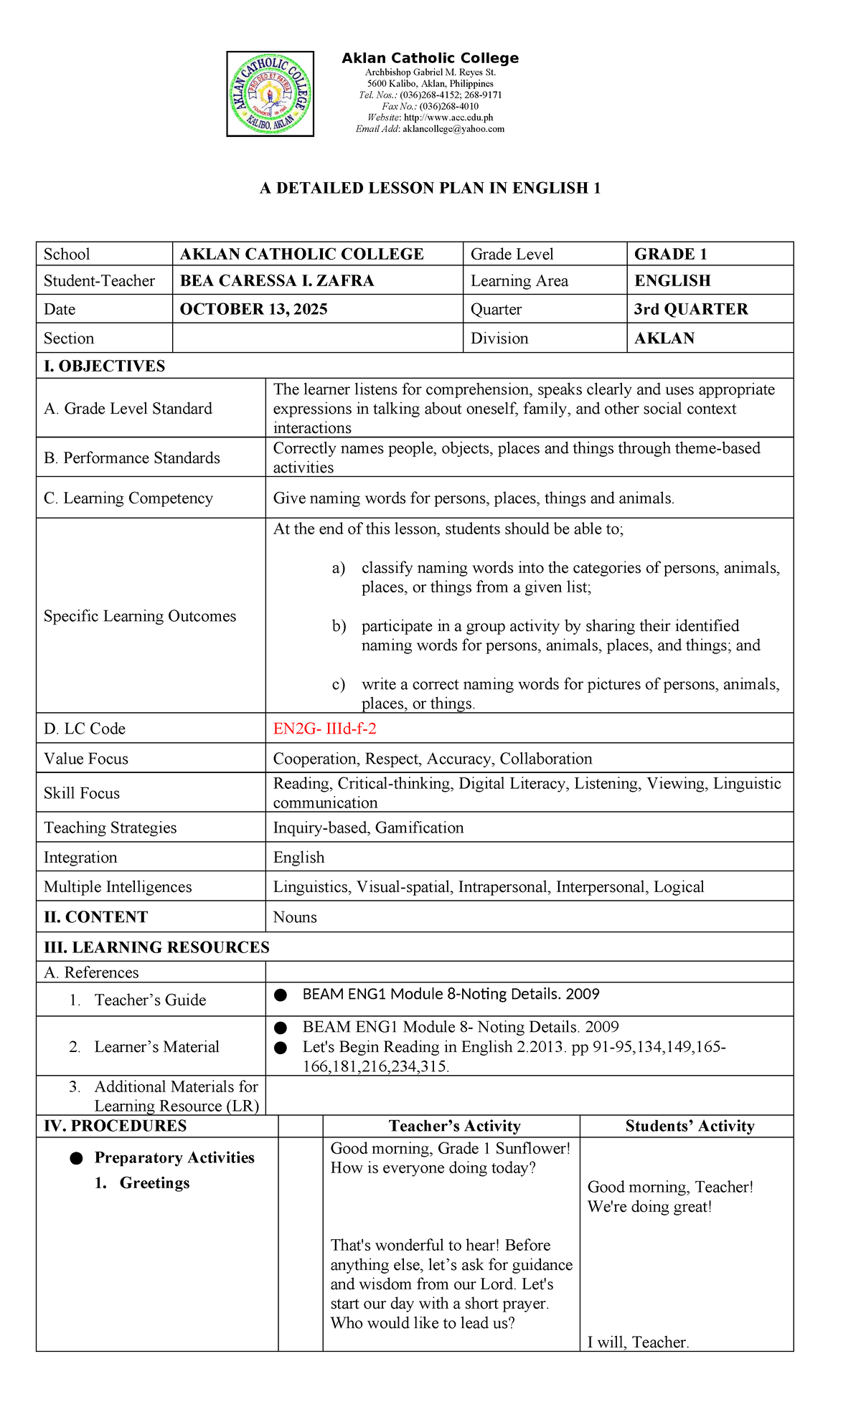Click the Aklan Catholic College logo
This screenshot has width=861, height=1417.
(x=270, y=94)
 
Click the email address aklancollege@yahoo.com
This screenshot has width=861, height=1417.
(x=453, y=129)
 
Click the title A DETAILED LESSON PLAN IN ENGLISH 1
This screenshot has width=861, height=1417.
(x=430, y=189)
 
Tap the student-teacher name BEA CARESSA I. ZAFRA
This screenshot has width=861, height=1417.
(x=277, y=280)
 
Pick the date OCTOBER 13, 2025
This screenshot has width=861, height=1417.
(x=253, y=309)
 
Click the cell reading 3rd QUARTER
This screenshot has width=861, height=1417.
(x=691, y=309)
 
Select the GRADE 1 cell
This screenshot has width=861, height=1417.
(x=671, y=254)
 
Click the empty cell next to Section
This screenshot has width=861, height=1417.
(x=317, y=338)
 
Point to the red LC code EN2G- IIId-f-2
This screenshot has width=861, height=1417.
(x=324, y=729)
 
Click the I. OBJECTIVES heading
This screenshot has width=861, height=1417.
(x=104, y=366)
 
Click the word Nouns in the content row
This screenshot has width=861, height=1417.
(x=295, y=917)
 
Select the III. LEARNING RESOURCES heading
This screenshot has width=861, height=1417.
(x=156, y=947)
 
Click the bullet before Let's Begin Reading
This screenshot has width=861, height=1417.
(x=281, y=1048)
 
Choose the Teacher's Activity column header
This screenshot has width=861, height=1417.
(x=454, y=1126)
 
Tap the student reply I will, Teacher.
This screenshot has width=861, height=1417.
(x=638, y=1342)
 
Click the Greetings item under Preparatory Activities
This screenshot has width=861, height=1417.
(x=154, y=1183)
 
